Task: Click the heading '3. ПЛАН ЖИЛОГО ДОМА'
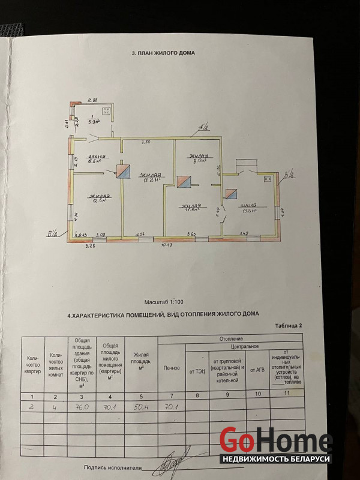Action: click(163, 53)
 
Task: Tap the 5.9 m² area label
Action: click(93, 121)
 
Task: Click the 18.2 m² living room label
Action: click(150, 178)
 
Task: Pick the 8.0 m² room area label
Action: click(198, 160)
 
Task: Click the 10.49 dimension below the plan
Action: click(165, 245)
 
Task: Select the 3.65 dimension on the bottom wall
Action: click(191, 233)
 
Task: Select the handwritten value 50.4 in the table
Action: click(141, 406)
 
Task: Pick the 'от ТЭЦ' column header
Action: click(196, 371)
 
